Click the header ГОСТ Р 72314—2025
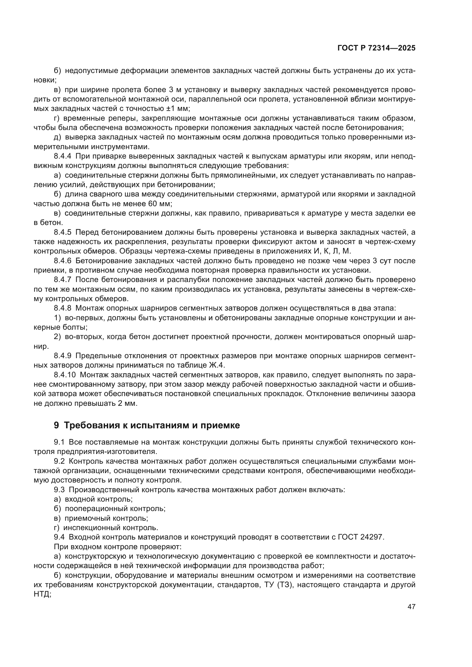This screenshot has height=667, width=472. [376, 48]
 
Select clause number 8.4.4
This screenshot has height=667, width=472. [62, 156]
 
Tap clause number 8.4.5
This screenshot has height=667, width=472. [62, 232]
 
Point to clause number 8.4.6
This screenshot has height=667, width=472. [62, 261]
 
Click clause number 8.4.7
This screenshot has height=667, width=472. [62, 280]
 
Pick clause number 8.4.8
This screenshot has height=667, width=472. [62, 308]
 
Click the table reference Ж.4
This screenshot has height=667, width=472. [216, 365]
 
